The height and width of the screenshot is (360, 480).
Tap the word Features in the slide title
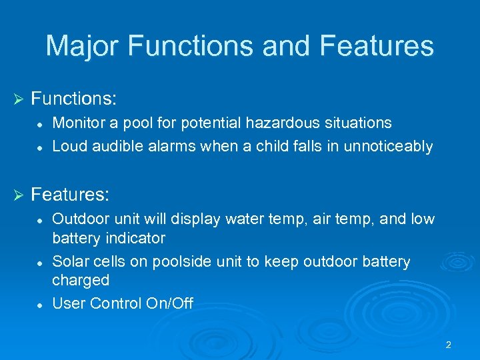tap(377, 46)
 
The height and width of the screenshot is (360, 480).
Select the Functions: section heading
tap(74, 99)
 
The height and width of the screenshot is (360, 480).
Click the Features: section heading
tap(70, 195)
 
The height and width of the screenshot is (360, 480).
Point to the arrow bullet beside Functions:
tap(18, 99)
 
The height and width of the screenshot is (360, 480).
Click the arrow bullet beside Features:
tap(18, 195)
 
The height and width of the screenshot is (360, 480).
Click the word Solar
tap(69, 261)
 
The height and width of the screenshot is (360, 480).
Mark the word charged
tap(80, 281)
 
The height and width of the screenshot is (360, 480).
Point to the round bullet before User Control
tap(41, 304)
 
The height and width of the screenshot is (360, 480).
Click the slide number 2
tap(448, 345)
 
